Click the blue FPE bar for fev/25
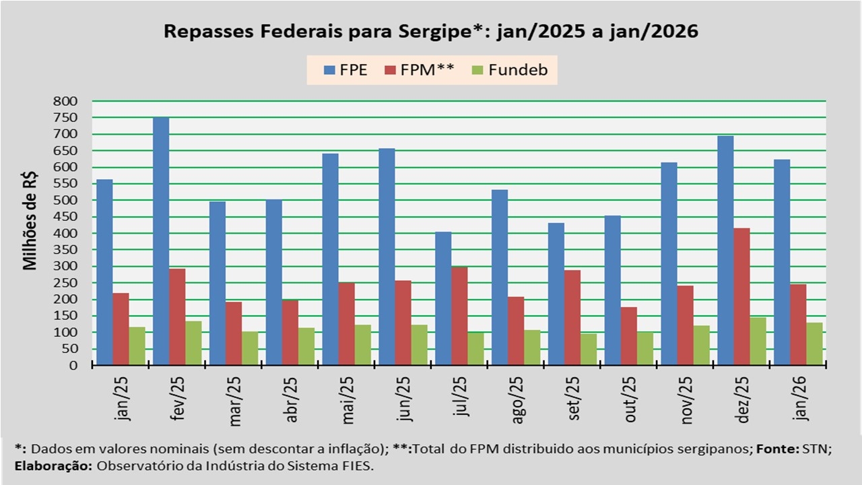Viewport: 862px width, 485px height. point(161,241)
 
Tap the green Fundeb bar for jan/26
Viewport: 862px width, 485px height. point(814,344)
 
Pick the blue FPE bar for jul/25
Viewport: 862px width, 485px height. point(443,298)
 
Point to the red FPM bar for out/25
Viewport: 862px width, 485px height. point(628,336)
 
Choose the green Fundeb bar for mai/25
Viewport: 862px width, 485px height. point(363,345)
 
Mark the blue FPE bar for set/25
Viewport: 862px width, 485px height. point(556,294)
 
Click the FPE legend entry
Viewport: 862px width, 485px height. point(345,70)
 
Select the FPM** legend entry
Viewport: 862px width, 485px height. point(420,70)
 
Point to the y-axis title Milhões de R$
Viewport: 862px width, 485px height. point(30,221)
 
